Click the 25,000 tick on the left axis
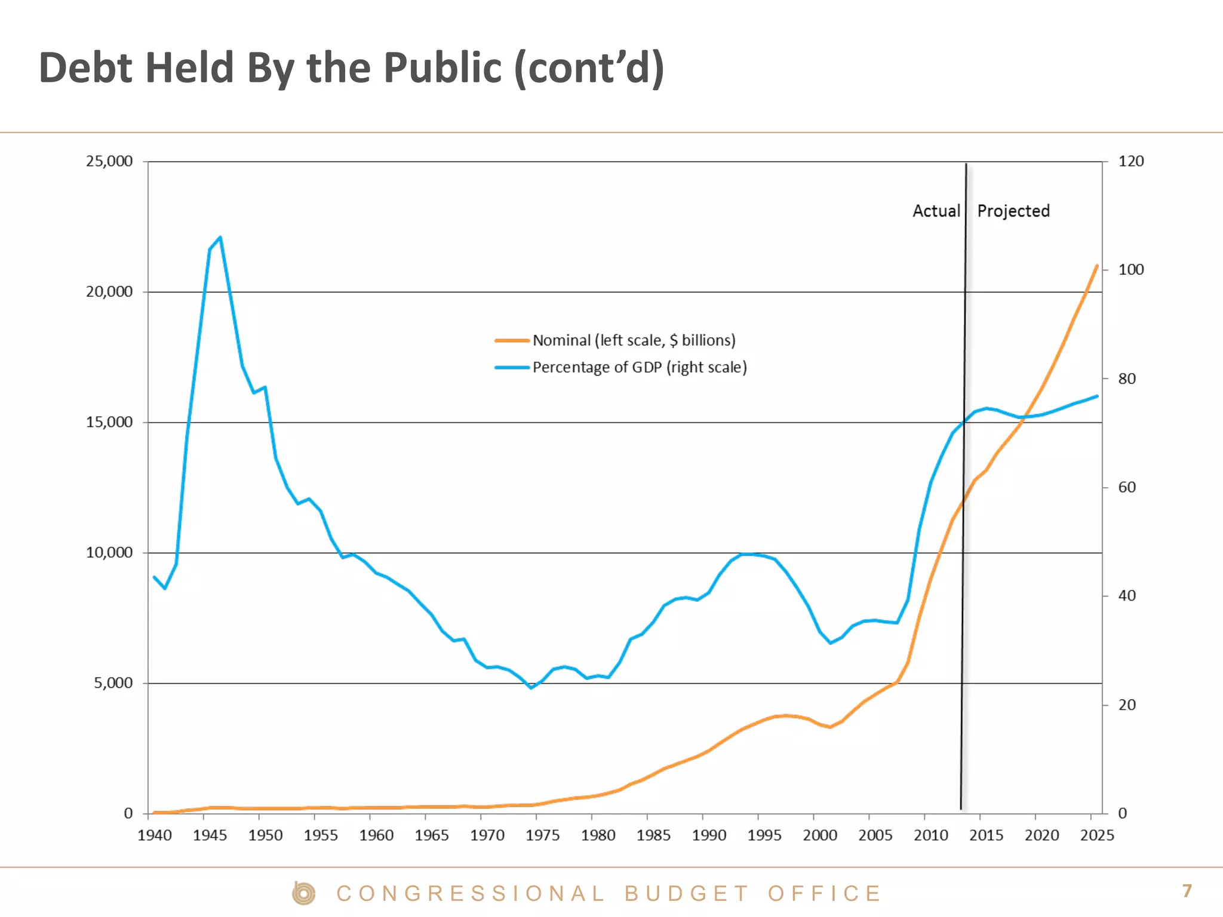pos(109,161)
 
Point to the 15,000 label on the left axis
pos(109,422)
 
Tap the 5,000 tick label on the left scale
pos(113,683)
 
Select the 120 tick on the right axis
pos(1130,161)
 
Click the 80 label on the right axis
pos(1127,379)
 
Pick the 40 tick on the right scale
pos(1127,596)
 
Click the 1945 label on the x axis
pos(210,835)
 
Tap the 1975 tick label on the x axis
pos(542,835)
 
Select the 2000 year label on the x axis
pos(819,835)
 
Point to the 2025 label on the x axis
pos(1097,835)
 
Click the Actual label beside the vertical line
pos(936,211)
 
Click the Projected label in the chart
pos(1013,211)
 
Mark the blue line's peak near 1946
pos(220,238)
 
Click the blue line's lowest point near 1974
pos(531,688)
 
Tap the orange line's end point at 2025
pos(1097,266)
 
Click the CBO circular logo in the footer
pos(304,894)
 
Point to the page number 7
pos(1187,891)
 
